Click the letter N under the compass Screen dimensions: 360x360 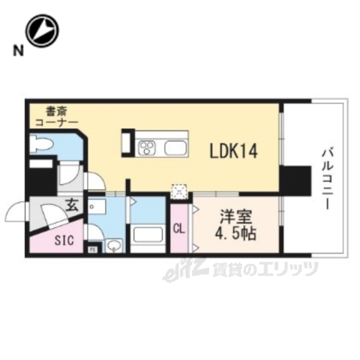click(x=16, y=51)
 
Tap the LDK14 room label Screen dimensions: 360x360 click(x=234, y=151)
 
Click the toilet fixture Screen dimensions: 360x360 click(x=40, y=143)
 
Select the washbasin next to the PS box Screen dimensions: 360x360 click(x=113, y=245)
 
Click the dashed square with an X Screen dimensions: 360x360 click(x=179, y=190)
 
